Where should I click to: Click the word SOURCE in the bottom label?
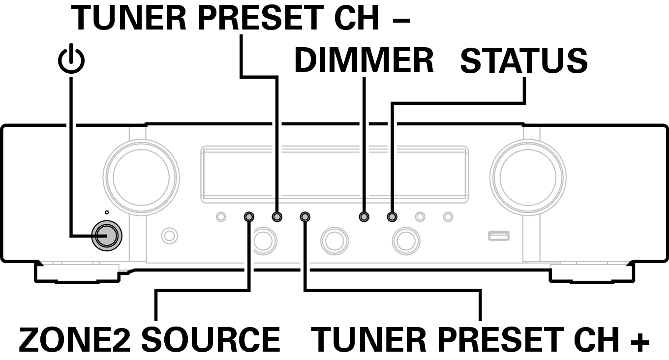pos(213,339)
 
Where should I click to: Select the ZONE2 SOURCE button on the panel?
pos(249,216)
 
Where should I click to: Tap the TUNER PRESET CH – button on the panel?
pos(277,216)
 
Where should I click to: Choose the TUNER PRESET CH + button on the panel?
pos(305,216)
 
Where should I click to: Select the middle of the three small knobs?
pos(334,240)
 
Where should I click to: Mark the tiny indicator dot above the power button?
pos(107,212)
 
